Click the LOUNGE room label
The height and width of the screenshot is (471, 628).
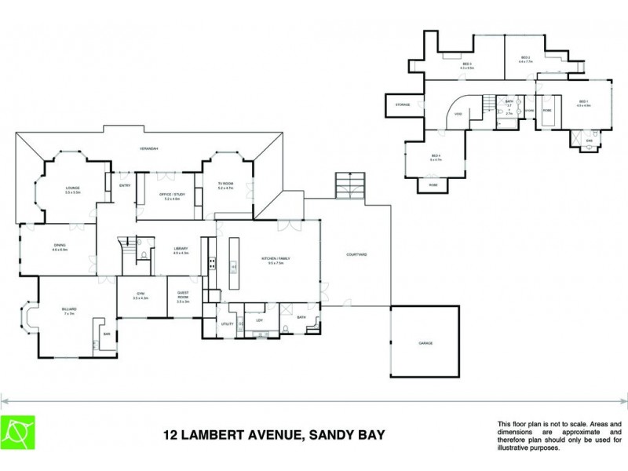pyautogui.click(x=72, y=188)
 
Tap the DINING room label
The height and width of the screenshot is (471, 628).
pyautogui.click(x=60, y=246)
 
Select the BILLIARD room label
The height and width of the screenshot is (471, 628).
pyautogui.click(x=69, y=309)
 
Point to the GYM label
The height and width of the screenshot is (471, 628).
pyautogui.click(x=141, y=294)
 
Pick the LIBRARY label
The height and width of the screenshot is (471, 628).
pyautogui.click(x=181, y=249)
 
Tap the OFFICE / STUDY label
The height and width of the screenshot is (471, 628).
pyautogui.click(x=172, y=196)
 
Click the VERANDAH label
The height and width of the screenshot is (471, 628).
pyautogui.click(x=149, y=148)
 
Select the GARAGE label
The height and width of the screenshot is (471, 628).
pyautogui.click(x=425, y=343)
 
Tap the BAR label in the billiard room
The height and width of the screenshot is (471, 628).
pyautogui.click(x=107, y=334)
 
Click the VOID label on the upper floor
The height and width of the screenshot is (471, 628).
pyautogui.click(x=458, y=115)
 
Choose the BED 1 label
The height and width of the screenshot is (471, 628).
pyautogui.click(x=582, y=101)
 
